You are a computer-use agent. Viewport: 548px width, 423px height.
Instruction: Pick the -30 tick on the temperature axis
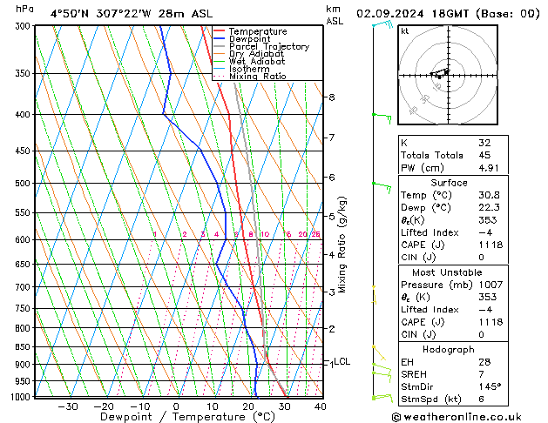67,406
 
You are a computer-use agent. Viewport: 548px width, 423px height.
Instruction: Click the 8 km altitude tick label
332,97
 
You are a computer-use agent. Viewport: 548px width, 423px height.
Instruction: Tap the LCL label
342,361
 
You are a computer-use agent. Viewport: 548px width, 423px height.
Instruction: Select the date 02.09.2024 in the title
396,12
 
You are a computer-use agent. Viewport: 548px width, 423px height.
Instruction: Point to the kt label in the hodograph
404,30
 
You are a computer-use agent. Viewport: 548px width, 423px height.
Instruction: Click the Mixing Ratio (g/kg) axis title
342,245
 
